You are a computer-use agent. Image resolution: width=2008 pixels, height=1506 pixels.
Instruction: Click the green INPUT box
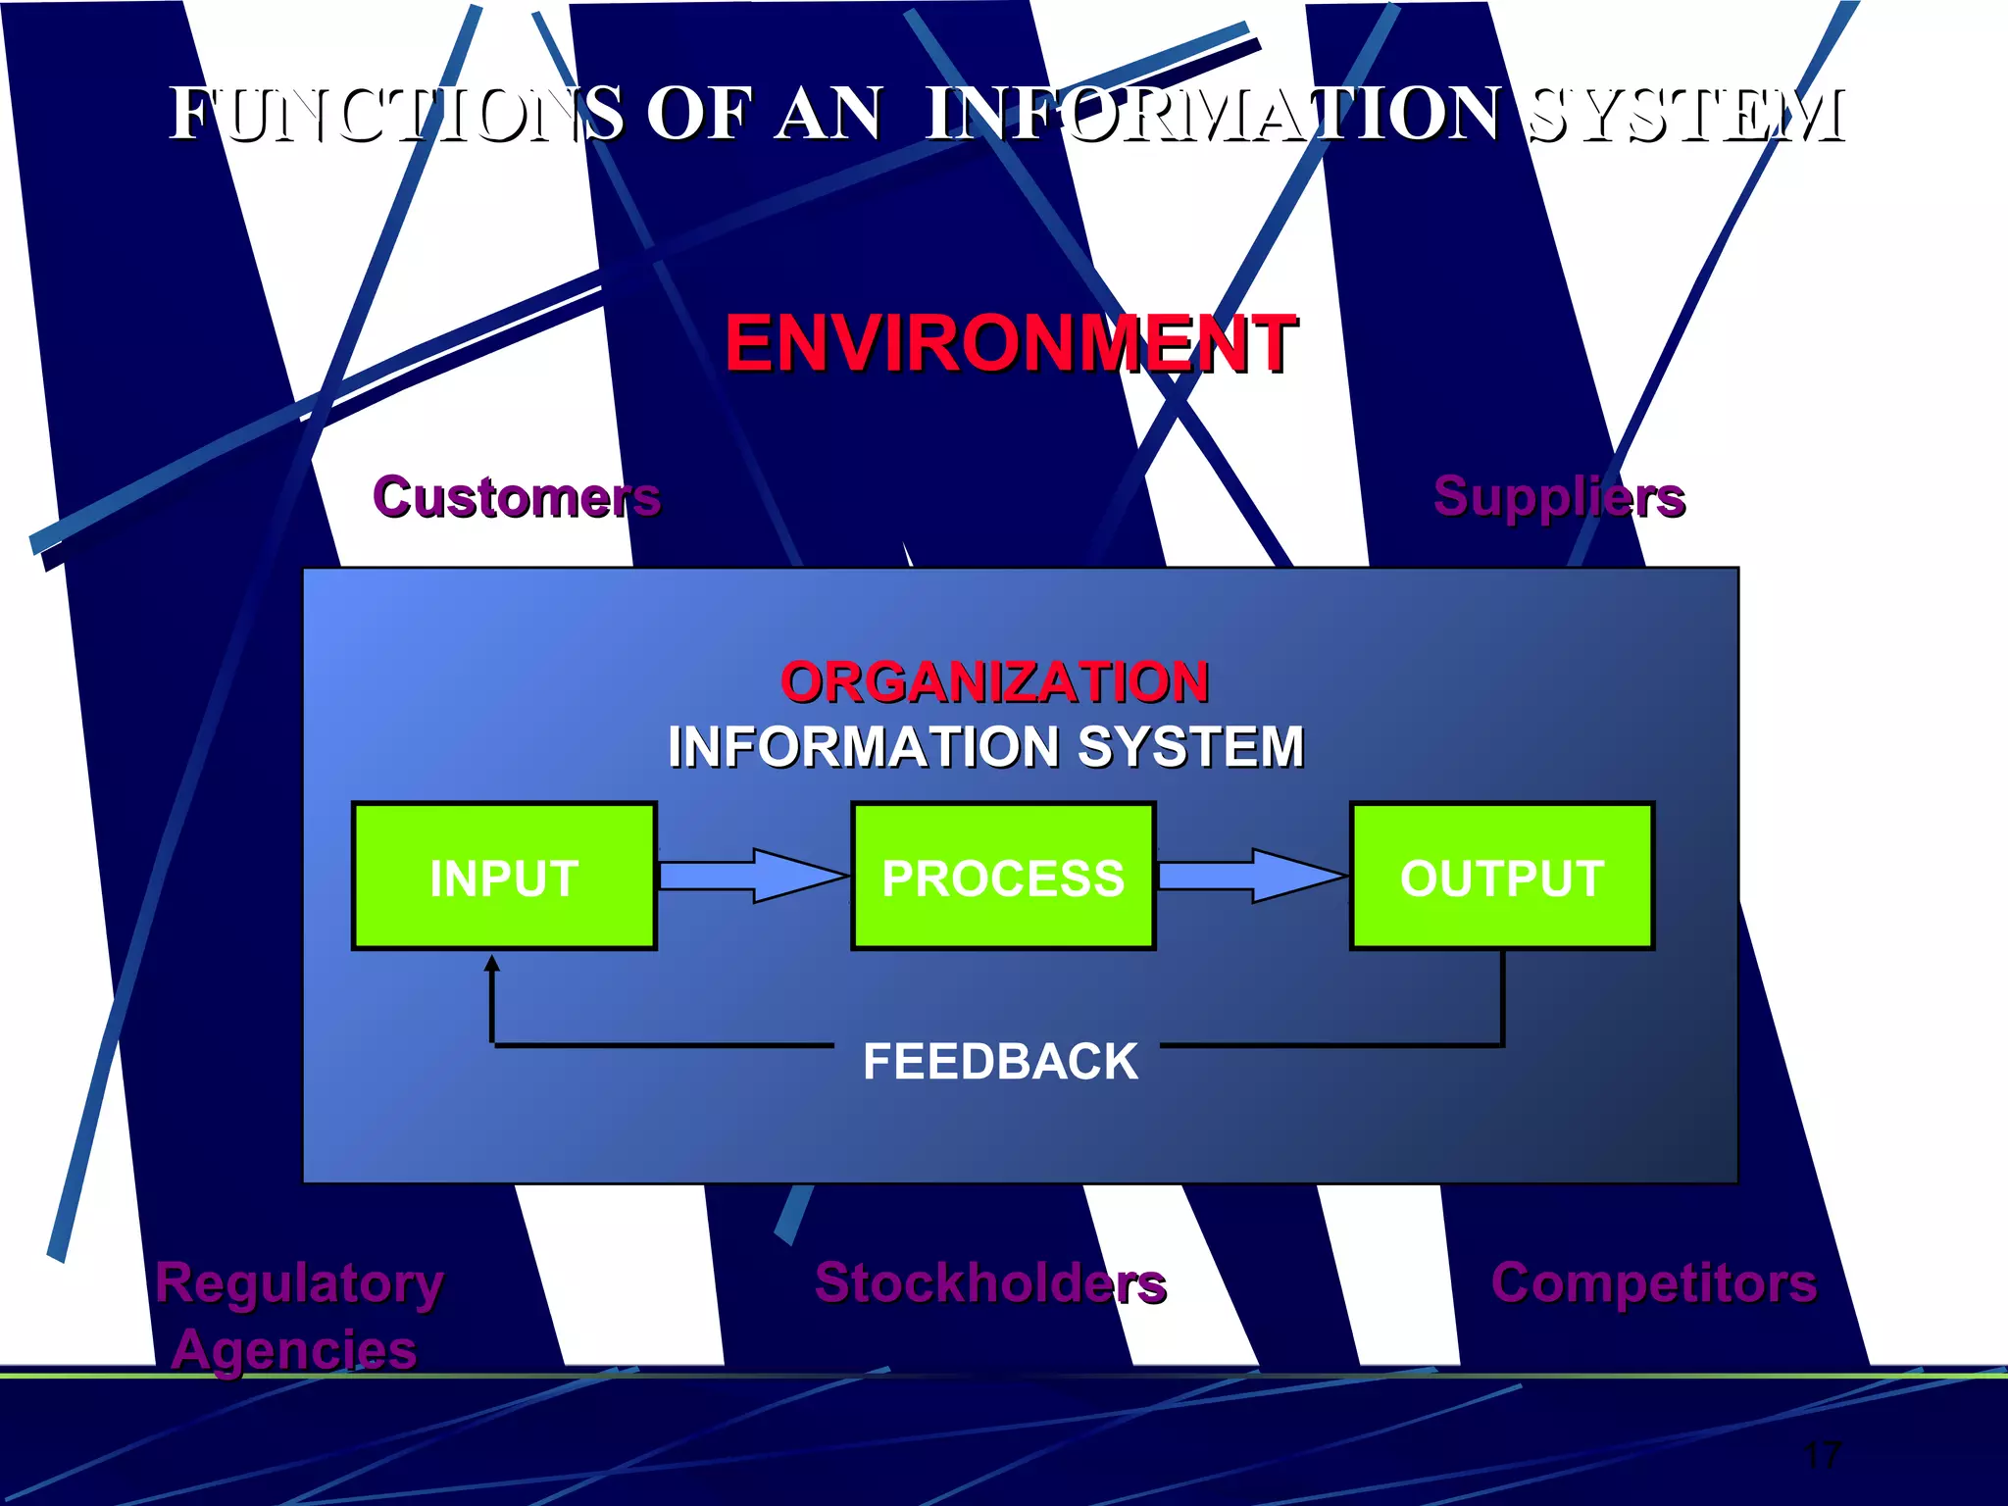tap(504, 877)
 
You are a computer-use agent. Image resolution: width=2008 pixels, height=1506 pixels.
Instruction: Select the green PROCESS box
tap(1003, 877)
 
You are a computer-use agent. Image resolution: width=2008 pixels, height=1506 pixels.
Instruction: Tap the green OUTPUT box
tap(1502, 877)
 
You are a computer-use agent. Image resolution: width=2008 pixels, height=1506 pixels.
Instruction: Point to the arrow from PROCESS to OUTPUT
tap(1252, 875)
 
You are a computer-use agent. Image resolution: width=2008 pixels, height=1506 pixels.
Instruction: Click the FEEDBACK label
tap(1000, 1061)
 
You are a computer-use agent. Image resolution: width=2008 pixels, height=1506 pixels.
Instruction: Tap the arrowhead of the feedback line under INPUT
tap(492, 965)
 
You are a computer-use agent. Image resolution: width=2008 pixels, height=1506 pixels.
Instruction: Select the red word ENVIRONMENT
tap(1011, 343)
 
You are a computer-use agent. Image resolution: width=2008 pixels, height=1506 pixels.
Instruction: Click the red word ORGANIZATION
tap(994, 681)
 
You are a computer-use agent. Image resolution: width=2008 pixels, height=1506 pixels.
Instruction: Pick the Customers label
tap(517, 496)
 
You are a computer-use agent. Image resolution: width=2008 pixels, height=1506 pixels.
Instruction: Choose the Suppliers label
tap(1559, 496)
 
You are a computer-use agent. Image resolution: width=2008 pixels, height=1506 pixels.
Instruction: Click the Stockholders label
tap(990, 1282)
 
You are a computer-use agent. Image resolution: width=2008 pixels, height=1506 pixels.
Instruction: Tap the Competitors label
tap(1654, 1282)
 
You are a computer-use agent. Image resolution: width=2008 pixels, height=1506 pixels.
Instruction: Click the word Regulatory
tap(299, 1284)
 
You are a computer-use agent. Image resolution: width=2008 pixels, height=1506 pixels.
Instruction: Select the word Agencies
tap(294, 1349)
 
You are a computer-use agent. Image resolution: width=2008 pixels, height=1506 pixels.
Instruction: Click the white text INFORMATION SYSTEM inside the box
tap(985, 747)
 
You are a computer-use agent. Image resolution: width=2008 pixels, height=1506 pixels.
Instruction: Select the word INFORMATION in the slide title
tap(1213, 114)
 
